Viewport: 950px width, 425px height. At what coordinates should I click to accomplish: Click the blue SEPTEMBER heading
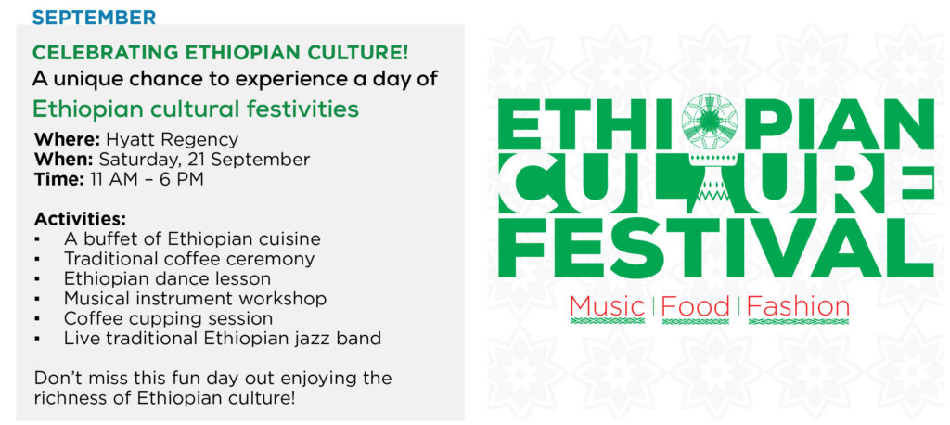click(94, 17)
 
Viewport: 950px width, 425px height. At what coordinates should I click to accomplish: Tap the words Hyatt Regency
click(172, 140)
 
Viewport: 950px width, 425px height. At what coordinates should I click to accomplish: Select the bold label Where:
click(67, 139)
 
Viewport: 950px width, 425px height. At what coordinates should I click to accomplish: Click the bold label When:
click(64, 160)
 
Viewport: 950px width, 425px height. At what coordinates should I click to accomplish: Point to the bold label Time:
click(59, 179)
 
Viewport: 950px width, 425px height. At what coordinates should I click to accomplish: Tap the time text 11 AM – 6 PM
click(147, 179)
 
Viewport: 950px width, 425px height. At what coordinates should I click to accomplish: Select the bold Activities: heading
click(81, 218)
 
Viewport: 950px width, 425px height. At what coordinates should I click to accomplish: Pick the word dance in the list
click(194, 278)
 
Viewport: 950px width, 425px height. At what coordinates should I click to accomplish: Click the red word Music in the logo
click(607, 305)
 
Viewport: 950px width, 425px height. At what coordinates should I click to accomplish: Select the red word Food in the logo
click(695, 305)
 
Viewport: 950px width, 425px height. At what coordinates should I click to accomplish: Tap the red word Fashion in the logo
click(798, 305)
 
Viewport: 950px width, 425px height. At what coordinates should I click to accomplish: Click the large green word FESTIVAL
click(716, 248)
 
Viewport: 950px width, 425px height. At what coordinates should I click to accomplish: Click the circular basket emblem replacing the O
click(705, 119)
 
